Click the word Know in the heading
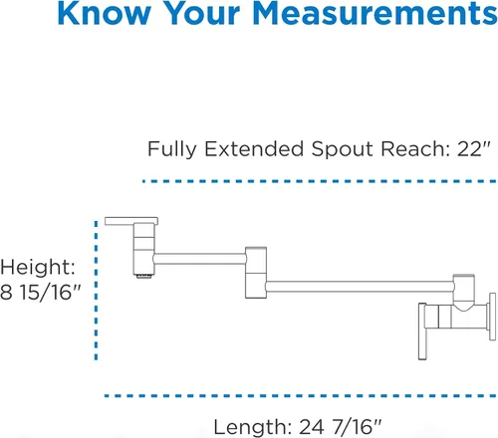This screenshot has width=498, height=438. point(105,13)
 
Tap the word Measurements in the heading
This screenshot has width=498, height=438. point(375,13)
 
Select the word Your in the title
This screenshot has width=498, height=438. point(202,13)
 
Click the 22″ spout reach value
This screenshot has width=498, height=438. point(473,148)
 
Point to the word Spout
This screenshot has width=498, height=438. point(343,149)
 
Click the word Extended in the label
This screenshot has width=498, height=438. point(254,148)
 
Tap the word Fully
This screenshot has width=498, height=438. point(172,149)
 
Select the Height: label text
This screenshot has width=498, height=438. point(38,268)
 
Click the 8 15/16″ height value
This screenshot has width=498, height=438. point(40,293)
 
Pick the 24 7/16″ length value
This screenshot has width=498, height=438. point(341,427)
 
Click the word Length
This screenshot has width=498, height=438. point(253,427)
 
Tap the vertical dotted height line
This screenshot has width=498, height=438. point(96,291)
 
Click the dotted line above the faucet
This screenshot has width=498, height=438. point(320,181)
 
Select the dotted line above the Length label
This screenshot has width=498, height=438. point(301,396)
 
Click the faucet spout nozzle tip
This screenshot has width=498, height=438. point(144,276)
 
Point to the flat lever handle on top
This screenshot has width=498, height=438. point(131,221)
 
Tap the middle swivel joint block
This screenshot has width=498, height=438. point(256,273)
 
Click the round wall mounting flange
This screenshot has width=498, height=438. point(492,317)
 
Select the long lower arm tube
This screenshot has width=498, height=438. point(360,287)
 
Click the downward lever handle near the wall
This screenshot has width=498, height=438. point(422,331)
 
